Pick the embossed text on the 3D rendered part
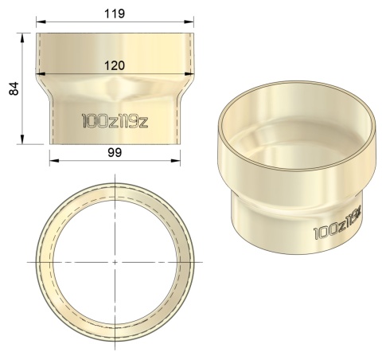pos(338,225)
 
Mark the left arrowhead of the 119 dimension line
pos(38,22)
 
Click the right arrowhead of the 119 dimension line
pos(191,22)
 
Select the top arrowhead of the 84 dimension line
pos(23,36)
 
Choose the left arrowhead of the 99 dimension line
pos(52,159)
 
